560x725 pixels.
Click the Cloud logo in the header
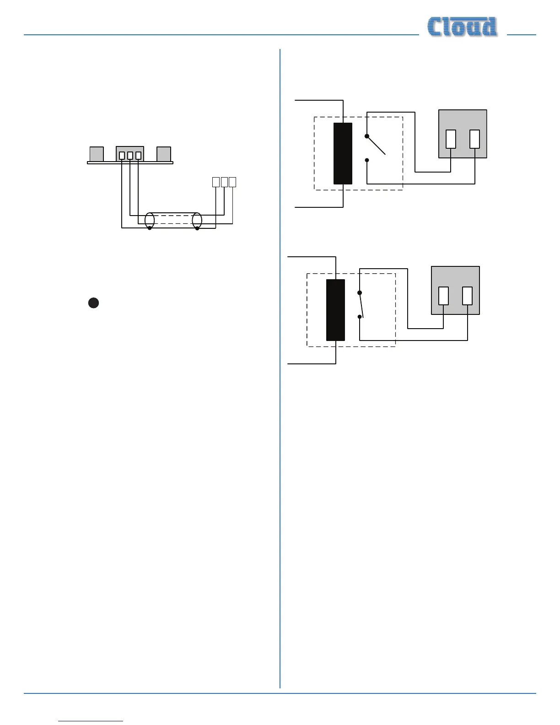tap(462, 27)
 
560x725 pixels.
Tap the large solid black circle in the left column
tap(93, 303)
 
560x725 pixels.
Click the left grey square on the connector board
tap(97, 154)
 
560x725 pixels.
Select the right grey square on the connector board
tap(164, 154)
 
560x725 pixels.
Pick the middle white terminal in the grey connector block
tap(130, 156)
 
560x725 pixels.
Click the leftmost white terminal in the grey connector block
tap(122, 156)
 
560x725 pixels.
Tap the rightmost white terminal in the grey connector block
tap(139, 156)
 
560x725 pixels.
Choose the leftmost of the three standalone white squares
tap(216, 182)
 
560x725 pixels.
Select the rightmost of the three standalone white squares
tap(232, 182)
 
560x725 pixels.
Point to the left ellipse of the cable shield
tap(150, 220)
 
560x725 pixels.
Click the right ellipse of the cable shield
tap(197, 220)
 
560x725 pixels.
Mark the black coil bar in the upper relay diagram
tap(343, 153)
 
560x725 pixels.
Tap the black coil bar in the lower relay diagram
tap(335, 310)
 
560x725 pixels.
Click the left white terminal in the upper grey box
tap(451, 139)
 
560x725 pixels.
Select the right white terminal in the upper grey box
tap(475, 139)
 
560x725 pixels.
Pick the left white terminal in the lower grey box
tap(443, 296)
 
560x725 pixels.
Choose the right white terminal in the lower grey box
tap(468, 296)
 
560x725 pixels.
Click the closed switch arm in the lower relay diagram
tap(361, 304)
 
